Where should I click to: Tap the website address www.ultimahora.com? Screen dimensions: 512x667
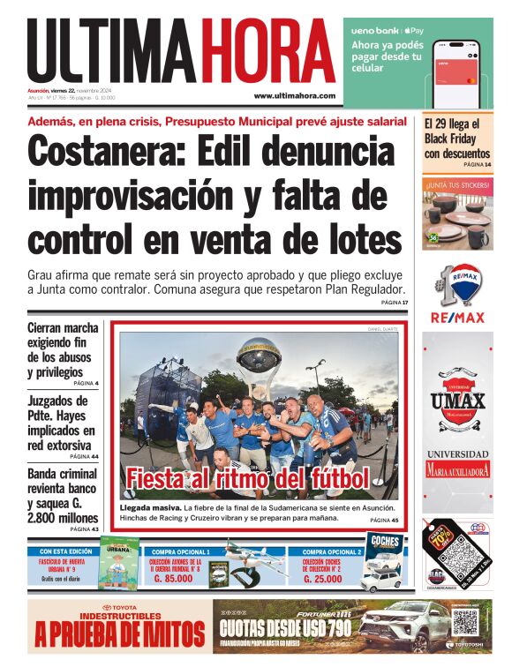pos(294,95)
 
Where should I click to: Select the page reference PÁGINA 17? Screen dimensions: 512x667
pos(395,303)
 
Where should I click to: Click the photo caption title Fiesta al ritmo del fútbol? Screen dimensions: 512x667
pos(247,479)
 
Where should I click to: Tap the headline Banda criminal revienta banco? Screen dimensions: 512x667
pos(63,496)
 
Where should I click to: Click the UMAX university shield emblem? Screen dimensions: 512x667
pos(457,390)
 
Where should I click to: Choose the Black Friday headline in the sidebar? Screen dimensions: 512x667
pos(456,139)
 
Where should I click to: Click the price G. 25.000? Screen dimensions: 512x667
pos(321,580)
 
